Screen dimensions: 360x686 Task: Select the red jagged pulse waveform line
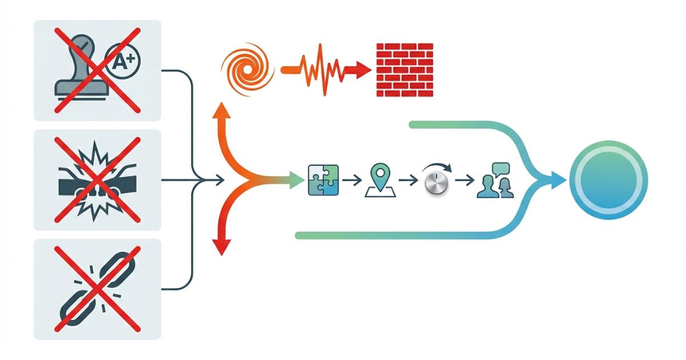(x=320, y=70)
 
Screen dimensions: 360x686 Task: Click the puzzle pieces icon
(x=323, y=181)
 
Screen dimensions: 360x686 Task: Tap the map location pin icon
(x=379, y=179)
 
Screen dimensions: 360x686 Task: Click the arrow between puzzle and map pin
(x=352, y=181)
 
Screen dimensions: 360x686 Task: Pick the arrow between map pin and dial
(x=408, y=181)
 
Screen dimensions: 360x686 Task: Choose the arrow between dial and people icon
(x=465, y=181)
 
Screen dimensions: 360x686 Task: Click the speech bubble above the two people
(x=501, y=168)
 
